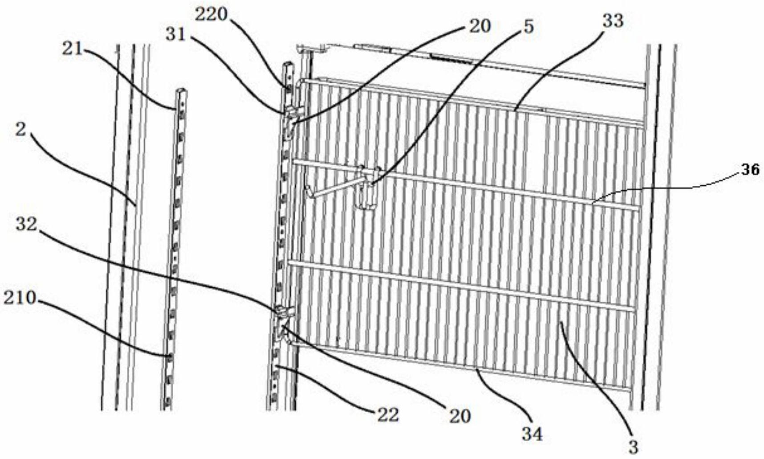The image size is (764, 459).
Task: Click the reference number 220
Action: point(211,15)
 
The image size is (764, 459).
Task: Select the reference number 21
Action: point(73,48)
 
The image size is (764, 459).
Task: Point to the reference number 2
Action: point(20,130)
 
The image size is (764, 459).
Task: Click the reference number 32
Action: point(26,224)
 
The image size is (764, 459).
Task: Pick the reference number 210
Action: point(20,297)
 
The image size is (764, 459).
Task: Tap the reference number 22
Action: point(388,415)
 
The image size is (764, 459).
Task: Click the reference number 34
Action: point(532,434)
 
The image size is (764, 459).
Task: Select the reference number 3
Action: point(633,446)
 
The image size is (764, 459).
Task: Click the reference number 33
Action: point(613,21)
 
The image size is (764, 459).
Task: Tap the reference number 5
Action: point(528,26)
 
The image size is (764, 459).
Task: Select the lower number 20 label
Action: point(459,416)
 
